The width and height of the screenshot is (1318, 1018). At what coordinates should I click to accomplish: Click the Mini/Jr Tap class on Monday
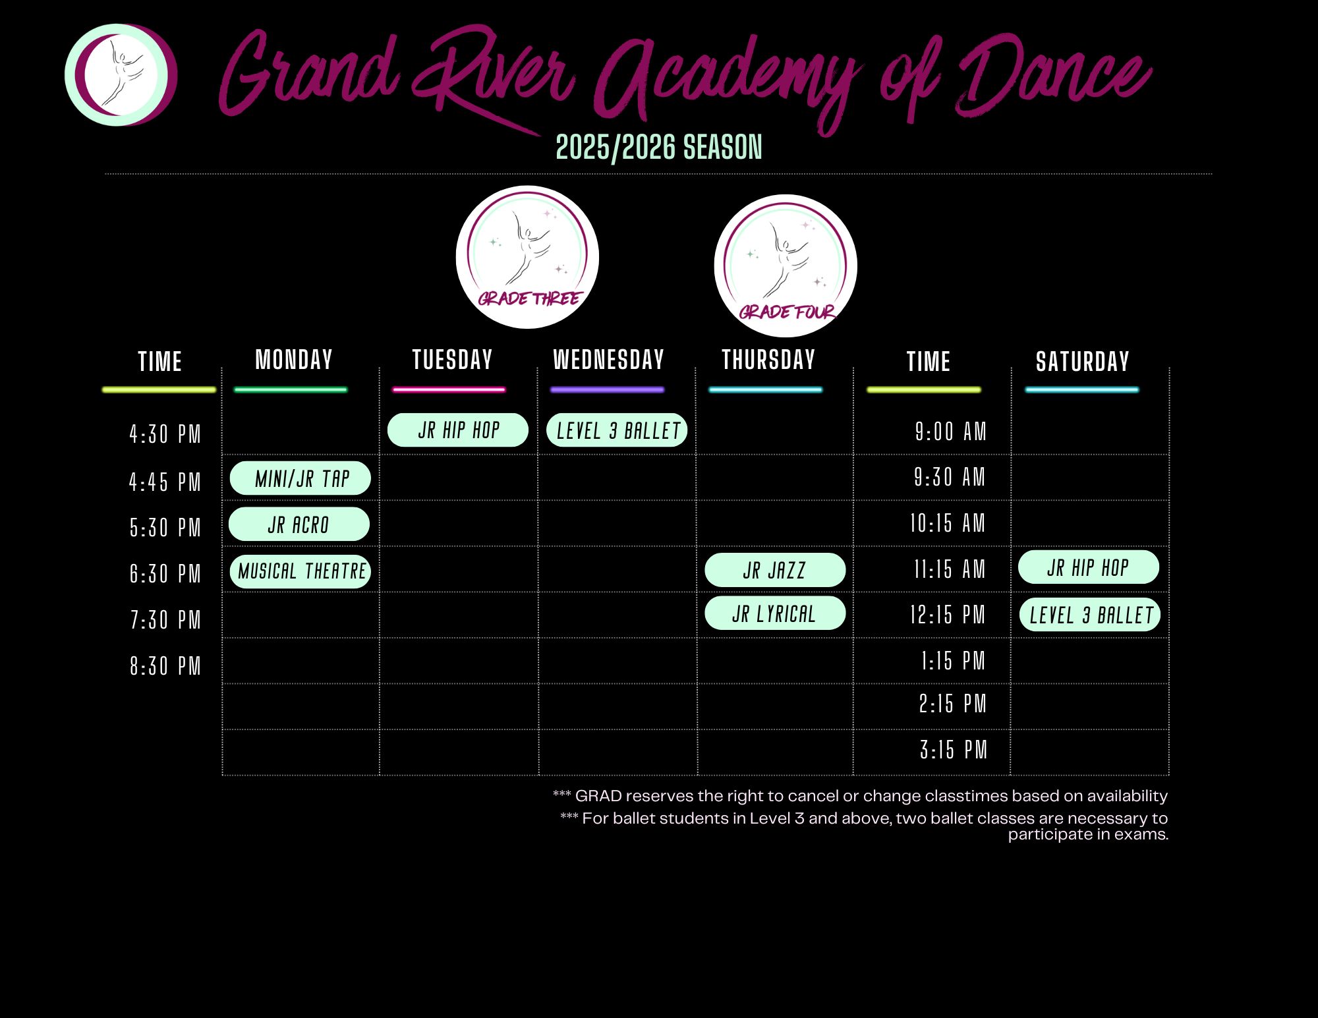pyautogui.click(x=301, y=478)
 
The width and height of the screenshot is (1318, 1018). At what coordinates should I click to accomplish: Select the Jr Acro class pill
pyautogui.click(x=299, y=524)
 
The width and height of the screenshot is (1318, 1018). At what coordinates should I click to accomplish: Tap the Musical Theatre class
pyautogui.click(x=301, y=571)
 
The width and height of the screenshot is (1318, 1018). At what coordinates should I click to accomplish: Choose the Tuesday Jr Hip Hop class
pyautogui.click(x=458, y=430)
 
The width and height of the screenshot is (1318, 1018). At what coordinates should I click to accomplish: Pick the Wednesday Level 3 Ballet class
pyautogui.click(x=617, y=430)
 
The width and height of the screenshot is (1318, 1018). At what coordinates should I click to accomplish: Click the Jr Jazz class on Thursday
pyautogui.click(x=775, y=570)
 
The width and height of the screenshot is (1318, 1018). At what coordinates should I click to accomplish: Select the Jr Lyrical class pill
pyautogui.click(x=775, y=613)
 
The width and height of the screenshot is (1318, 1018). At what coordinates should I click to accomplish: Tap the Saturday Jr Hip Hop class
pyautogui.click(x=1089, y=567)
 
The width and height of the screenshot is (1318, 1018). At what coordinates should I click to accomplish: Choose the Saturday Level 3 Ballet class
pyautogui.click(x=1090, y=615)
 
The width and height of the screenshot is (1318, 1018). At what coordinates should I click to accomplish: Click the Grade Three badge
pyautogui.click(x=527, y=257)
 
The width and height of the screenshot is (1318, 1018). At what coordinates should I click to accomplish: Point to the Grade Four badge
pyautogui.click(x=786, y=266)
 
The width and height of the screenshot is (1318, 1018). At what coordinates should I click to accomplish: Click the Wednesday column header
pyautogui.click(x=608, y=360)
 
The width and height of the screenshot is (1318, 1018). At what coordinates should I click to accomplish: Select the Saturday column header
pyautogui.click(x=1082, y=362)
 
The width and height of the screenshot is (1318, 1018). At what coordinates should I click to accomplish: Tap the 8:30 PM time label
pyautogui.click(x=165, y=666)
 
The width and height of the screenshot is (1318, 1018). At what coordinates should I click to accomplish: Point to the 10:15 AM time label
pyautogui.click(x=948, y=524)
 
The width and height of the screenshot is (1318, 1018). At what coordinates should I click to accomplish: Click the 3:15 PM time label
pyautogui.click(x=954, y=750)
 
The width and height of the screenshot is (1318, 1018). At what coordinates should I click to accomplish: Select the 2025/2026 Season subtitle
pyautogui.click(x=659, y=147)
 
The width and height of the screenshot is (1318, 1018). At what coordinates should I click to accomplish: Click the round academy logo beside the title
pyautogui.click(x=121, y=75)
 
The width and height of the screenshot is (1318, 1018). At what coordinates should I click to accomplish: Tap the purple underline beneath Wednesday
pyautogui.click(x=607, y=390)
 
